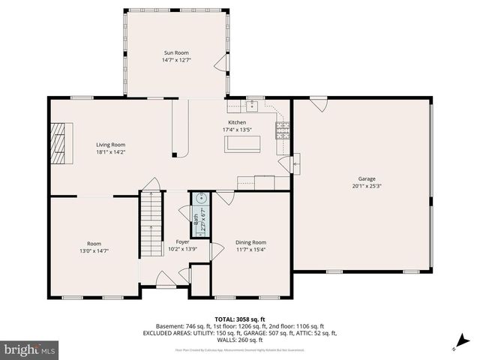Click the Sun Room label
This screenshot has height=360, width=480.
pos(176,52)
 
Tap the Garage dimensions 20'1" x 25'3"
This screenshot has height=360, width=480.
pos(366,186)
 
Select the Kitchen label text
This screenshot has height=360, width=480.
pos(237,122)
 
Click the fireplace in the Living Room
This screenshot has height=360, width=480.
pos(58,142)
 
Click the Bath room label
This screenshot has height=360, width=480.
pos(196,222)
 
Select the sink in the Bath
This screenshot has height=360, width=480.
pos(200,199)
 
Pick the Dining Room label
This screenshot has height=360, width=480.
pos(250,242)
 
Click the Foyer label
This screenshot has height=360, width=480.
pos(182,241)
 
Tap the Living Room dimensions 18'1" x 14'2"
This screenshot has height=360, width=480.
pos(110,152)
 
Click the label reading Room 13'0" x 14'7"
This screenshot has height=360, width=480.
pos(94,247)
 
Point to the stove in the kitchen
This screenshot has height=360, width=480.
pos(283,132)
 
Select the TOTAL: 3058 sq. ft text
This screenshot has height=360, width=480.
pos(239,319)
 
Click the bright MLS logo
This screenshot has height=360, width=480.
pos(30,349)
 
